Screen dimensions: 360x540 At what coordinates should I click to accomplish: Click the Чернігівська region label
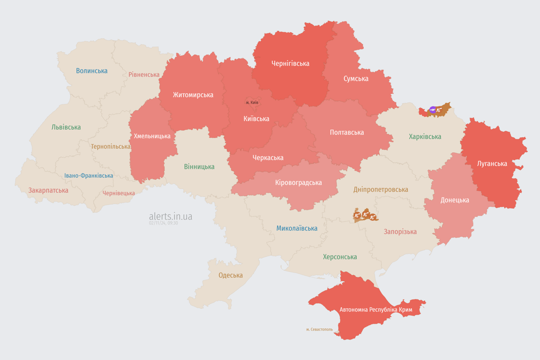point(290,63)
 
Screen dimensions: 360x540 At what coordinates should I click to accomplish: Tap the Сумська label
point(356,78)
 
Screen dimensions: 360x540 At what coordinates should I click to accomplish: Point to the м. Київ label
point(252,102)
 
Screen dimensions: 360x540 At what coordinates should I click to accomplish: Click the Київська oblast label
point(256,119)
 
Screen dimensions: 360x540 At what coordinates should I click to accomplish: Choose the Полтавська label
point(347,132)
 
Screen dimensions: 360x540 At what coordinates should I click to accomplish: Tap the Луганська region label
point(492,164)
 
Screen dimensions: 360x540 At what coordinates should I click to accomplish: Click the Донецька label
point(454,200)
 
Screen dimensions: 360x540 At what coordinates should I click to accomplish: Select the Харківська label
point(425,136)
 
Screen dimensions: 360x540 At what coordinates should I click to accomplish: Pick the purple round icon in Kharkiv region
point(433,110)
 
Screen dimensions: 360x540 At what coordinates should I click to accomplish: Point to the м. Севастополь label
point(319,330)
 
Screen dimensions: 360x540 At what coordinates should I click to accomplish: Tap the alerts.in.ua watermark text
point(170,216)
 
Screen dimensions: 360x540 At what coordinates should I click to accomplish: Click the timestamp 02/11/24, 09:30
point(163,223)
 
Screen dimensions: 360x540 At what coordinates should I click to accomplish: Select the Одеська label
point(231,275)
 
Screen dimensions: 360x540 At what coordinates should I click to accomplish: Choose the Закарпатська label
point(48,190)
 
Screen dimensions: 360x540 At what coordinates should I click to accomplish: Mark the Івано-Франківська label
point(89,176)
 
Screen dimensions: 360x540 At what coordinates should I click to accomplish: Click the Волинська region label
point(91,71)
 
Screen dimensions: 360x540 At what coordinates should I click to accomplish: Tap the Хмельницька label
point(152,136)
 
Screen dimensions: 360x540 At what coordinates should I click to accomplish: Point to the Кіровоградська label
point(298,182)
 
